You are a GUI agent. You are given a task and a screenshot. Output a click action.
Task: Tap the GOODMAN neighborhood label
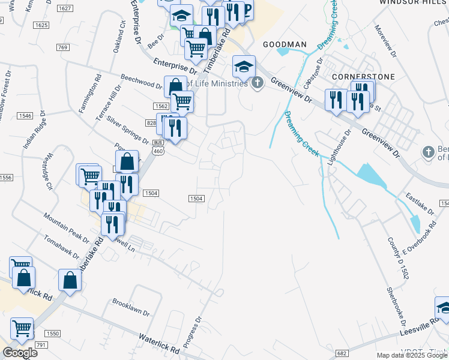pos(285,45)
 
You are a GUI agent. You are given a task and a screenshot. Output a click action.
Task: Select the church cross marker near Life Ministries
pos(258,83)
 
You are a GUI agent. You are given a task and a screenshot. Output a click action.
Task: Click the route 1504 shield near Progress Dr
pos(197,199)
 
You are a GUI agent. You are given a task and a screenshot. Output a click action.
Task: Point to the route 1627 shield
pos(66,8)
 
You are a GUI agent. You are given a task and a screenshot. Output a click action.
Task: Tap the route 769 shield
pos(63,47)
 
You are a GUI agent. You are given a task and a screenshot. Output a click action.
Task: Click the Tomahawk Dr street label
pos(62,247)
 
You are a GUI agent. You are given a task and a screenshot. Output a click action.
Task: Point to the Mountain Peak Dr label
pos(66,223)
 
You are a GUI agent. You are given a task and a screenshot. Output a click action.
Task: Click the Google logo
pos(20,353)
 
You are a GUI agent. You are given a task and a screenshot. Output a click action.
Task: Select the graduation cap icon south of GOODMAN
pos(244,66)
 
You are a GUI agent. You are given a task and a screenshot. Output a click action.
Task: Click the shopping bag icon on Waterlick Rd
pos(70,281)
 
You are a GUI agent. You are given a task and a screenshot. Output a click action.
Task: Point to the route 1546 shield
pos(24,115)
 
